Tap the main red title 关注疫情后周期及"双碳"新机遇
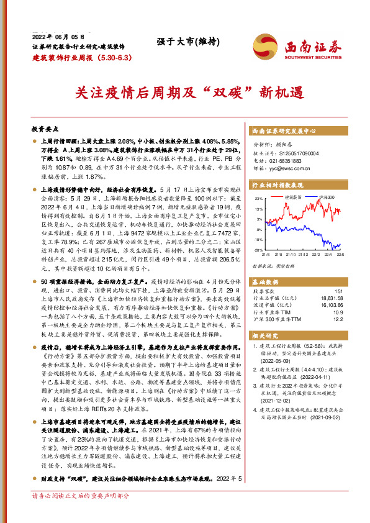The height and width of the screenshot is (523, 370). [185, 93]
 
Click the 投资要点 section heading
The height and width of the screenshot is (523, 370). [45, 129]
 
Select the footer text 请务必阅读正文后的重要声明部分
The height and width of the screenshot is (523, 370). [81, 513]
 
